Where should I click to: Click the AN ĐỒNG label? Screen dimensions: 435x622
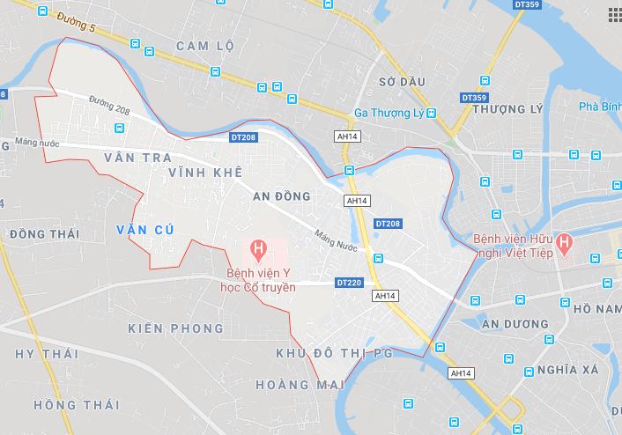(x=281, y=196)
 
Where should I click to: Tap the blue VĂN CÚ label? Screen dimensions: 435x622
(x=144, y=230)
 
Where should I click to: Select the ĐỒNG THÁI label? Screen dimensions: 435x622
(x=43, y=234)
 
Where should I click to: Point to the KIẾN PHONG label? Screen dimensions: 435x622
(x=175, y=328)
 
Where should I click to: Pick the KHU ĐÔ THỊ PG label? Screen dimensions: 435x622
(x=335, y=353)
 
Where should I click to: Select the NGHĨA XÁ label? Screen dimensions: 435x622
(x=567, y=369)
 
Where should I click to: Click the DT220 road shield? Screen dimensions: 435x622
(x=348, y=284)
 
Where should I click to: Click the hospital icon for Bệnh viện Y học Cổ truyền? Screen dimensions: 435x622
(x=257, y=249)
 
